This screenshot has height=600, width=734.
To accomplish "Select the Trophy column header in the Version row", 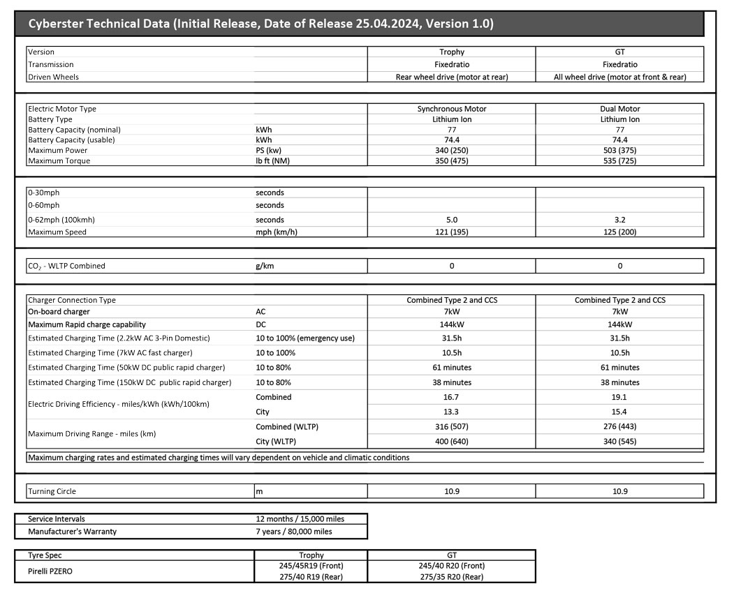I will (x=452, y=52).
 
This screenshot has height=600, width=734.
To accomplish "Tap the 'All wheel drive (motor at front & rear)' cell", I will (x=619, y=77).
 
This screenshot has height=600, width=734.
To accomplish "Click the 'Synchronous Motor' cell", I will (x=452, y=109).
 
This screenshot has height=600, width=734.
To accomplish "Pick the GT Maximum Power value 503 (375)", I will (x=619, y=150).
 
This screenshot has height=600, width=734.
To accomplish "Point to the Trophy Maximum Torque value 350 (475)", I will (x=452, y=160).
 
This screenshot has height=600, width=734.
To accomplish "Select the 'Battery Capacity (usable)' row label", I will (x=71, y=140).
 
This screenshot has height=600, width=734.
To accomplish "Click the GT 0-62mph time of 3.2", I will (x=619, y=219).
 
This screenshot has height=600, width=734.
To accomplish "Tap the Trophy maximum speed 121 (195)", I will (x=452, y=232).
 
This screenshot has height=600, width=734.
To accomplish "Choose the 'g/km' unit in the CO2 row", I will (x=265, y=266).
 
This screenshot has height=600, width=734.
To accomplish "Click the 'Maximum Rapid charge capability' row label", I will (x=87, y=324).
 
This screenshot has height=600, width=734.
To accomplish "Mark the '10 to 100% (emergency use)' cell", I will (x=305, y=338).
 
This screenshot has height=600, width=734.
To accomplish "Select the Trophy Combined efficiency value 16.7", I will (x=452, y=397).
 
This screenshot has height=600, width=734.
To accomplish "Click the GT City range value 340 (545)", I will (x=619, y=441).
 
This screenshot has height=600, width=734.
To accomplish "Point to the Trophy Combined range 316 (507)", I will (x=452, y=426).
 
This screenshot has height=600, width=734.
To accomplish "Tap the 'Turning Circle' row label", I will (x=52, y=491).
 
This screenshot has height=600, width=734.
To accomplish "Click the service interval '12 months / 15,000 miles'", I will (x=300, y=519).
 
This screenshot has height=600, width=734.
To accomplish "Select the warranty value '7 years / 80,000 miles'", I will (x=294, y=532).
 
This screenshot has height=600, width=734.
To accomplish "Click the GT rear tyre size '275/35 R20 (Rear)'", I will (x=452, y=577).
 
